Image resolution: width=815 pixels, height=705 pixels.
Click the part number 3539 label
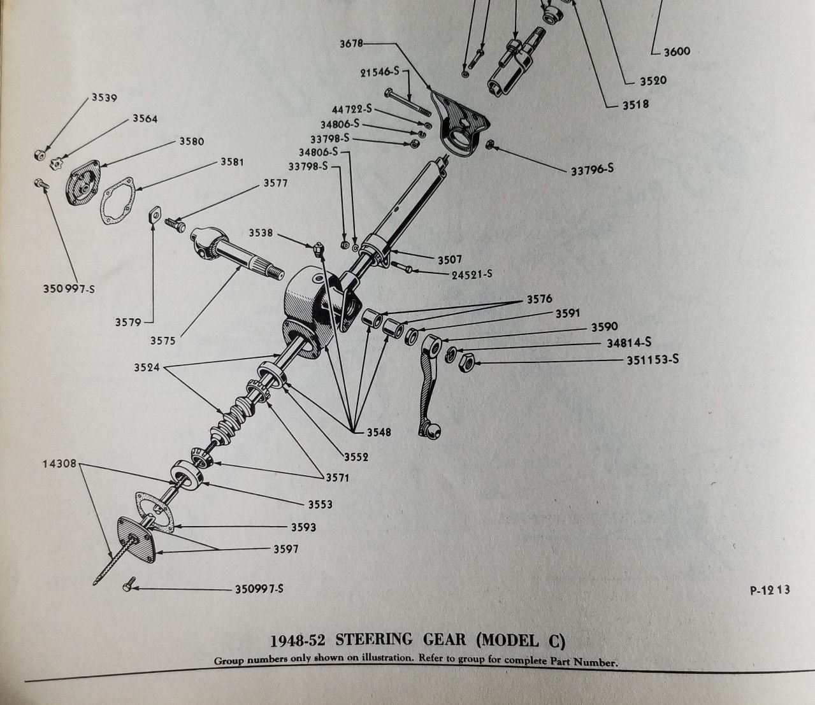coord(105,97)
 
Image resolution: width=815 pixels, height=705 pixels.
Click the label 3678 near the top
coord(352,43)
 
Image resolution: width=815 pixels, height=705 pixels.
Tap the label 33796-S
coord(592,170)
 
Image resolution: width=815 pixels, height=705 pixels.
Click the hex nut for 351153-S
coord(466,362)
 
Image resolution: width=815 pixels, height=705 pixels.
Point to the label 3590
coord(603,327)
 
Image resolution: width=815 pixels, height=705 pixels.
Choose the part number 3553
coord(321,504)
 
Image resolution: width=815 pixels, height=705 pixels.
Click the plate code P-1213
coord(770,590)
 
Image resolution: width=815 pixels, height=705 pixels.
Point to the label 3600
coord(677,52)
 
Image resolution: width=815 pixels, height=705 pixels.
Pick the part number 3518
coord(635,104)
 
